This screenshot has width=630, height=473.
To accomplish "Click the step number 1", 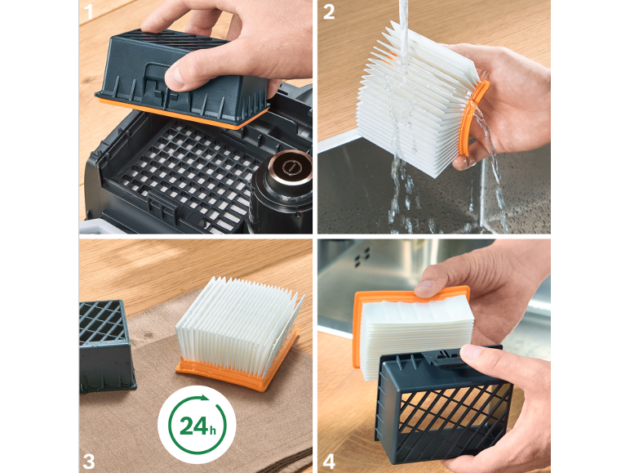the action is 87,11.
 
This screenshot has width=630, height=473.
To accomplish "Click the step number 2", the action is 329,11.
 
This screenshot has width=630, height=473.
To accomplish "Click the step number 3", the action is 88,462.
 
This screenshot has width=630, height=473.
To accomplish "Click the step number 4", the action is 329,462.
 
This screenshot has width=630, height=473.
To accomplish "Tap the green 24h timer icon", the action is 197,425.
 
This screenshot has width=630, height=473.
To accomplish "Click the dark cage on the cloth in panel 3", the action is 105,346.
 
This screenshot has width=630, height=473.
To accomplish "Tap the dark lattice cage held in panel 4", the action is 442,406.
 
